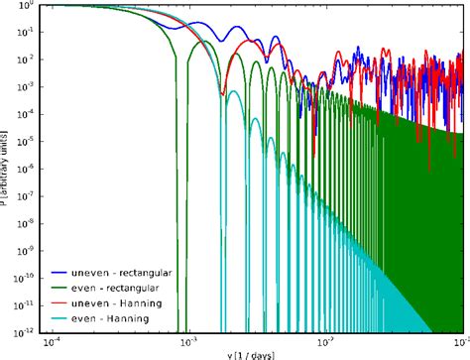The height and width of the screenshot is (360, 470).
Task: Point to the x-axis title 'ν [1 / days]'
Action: [249, 354]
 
